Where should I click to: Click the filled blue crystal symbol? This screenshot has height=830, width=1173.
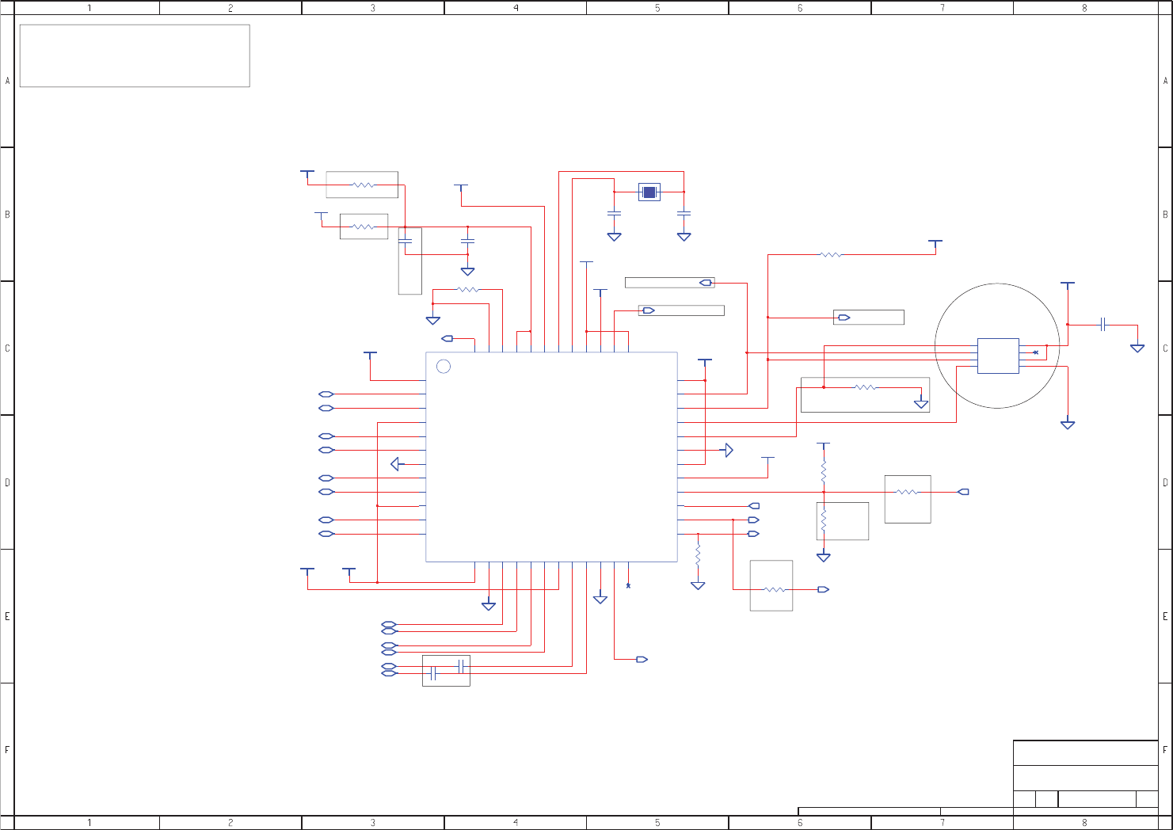649,192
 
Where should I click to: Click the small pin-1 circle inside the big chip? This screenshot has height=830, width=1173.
444,366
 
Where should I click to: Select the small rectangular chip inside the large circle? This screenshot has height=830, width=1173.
998,356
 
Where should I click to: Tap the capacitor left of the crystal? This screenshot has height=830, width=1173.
614,213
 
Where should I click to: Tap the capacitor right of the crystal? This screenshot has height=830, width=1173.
684,213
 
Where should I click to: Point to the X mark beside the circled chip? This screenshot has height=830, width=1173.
1035,352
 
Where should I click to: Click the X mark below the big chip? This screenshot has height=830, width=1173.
628,586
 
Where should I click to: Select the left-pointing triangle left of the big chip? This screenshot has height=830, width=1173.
397,464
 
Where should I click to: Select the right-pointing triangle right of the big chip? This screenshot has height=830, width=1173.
728,450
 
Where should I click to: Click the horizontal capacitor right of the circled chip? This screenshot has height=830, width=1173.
1103,325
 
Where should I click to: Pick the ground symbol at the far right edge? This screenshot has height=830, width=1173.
1137,348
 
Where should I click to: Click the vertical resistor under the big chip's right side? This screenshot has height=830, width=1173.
698,554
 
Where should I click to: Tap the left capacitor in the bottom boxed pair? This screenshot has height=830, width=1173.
432,673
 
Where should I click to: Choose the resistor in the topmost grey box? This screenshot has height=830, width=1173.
363,185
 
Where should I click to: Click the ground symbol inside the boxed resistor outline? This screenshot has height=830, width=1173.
921,404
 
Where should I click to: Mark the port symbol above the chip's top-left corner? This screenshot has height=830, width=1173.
447,338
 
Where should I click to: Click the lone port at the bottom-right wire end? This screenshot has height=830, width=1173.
642,659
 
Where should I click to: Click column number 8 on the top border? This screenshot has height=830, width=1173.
1084,8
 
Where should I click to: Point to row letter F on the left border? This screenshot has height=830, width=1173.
7,749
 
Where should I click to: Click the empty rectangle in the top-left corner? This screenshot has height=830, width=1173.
135,55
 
